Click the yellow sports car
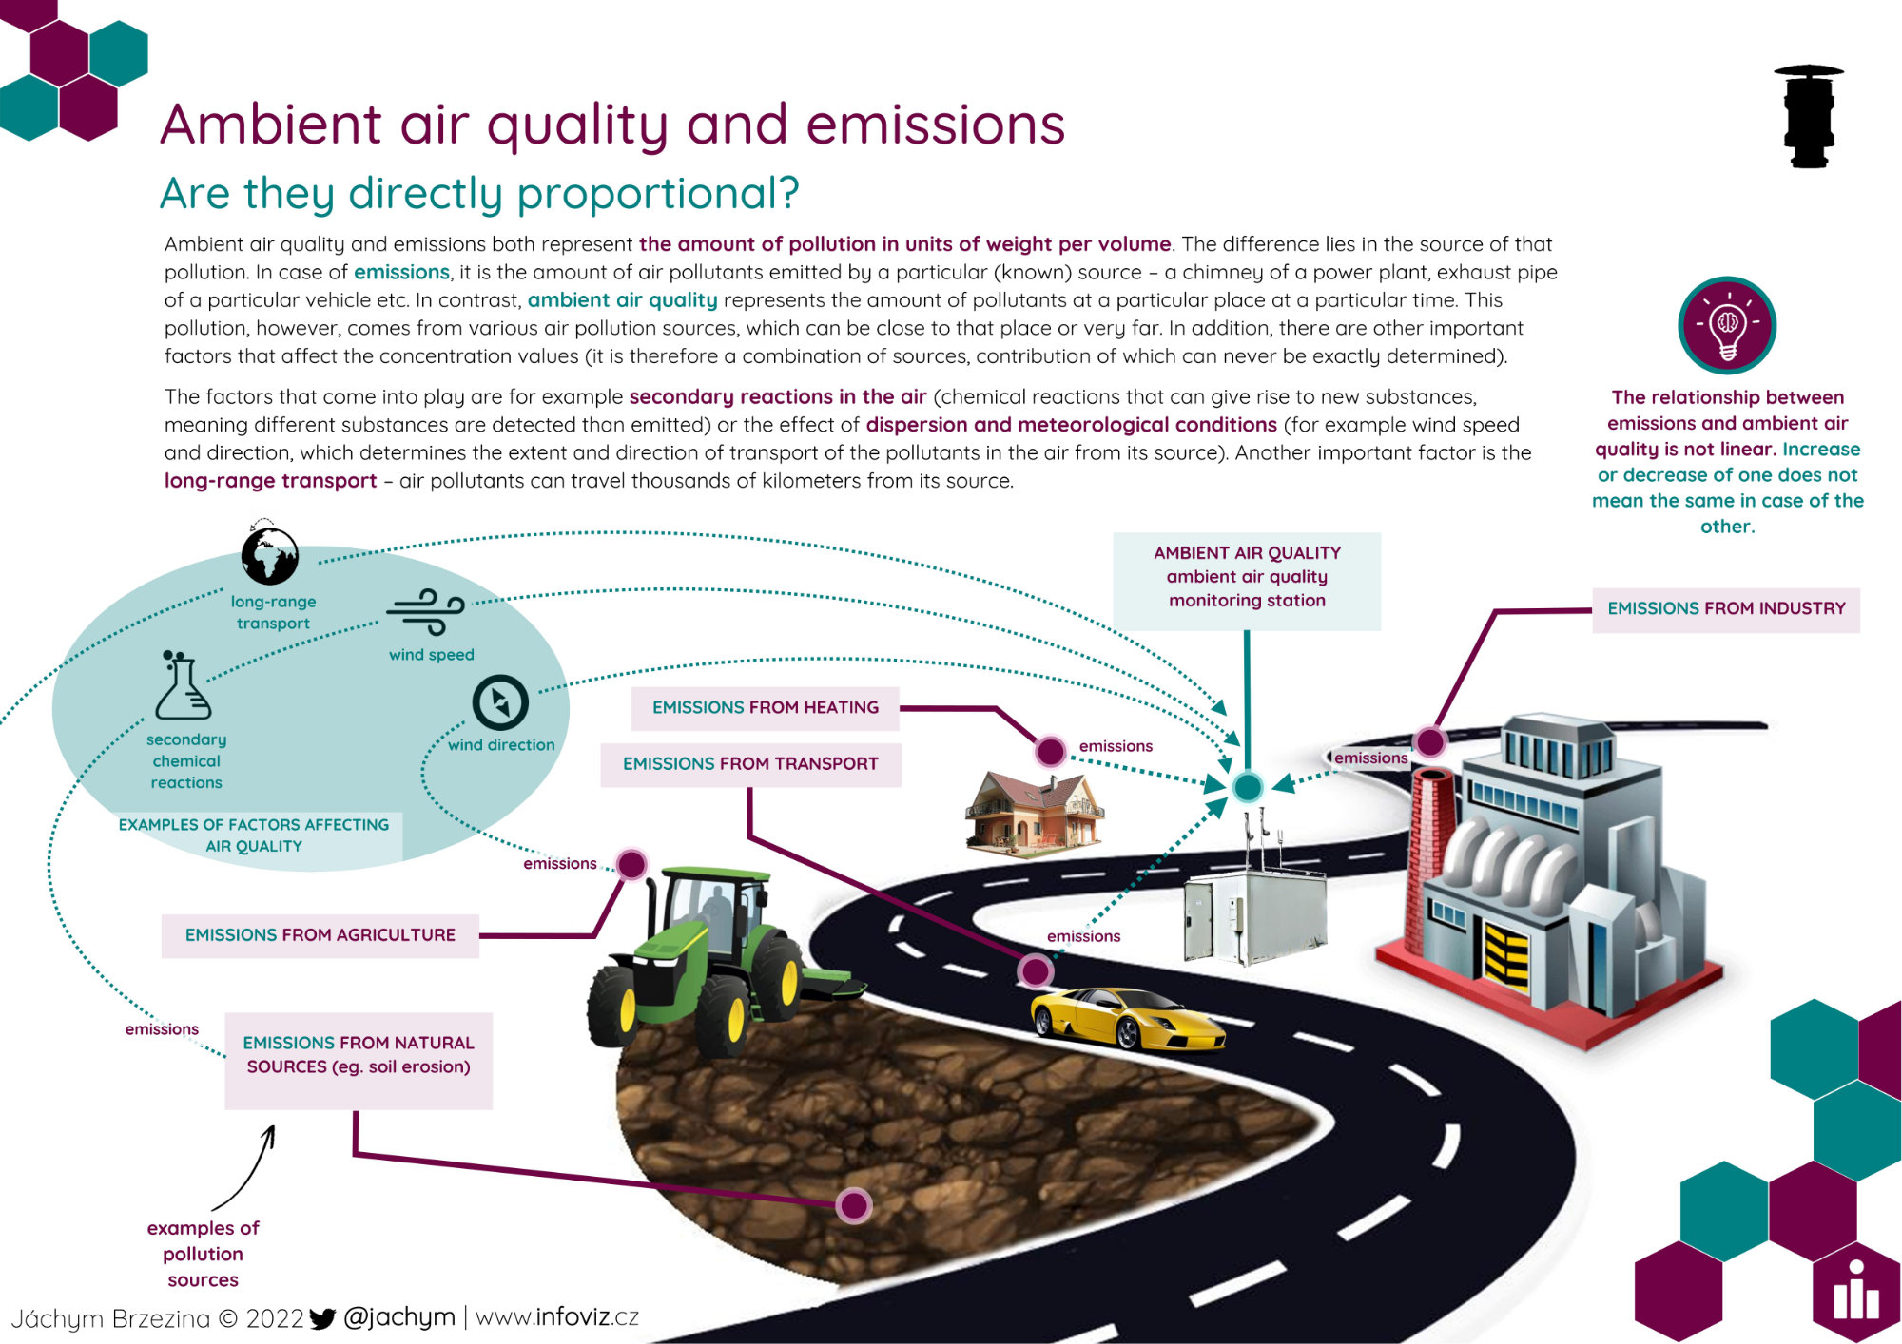[x=1127, y=1018]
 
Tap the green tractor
[x=723, y=960]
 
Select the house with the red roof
[x=1035, y=811]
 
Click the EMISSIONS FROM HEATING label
[x=766, y=708]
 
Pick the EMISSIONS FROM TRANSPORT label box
[x=750, y=764]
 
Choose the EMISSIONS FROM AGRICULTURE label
[x=320, y=935]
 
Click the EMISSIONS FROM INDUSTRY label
[x=1726, y=609]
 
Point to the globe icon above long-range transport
[x=270, y=555]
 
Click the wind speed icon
[x=426, y=611]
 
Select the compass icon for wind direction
[x=500, y=702]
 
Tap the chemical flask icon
[x=183, y=685]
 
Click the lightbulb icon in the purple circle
[x=1727, y=325]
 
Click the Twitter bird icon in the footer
[x=323, y=1318]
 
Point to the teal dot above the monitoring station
[x=1247, y=787]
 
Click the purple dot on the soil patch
[x=854, y=1205]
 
